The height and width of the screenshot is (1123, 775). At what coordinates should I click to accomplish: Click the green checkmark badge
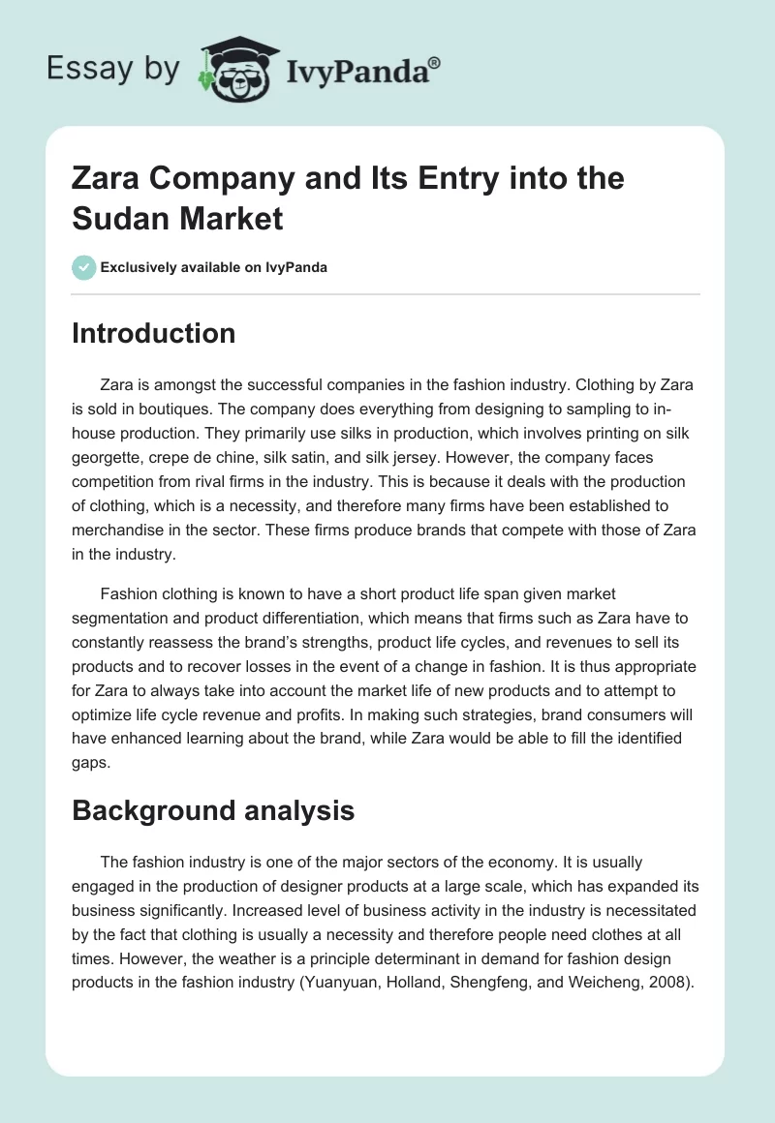pyautogui.click(x=83, y=267)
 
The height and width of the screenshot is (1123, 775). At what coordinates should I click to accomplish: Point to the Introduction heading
pyautogui.click(x=154, y=333)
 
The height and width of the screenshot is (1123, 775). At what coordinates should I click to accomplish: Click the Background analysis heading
pyautogui.click(x=213, y=810)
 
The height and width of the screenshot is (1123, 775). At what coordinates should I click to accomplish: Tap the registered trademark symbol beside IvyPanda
pyautogui.click(x=435, y=62)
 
